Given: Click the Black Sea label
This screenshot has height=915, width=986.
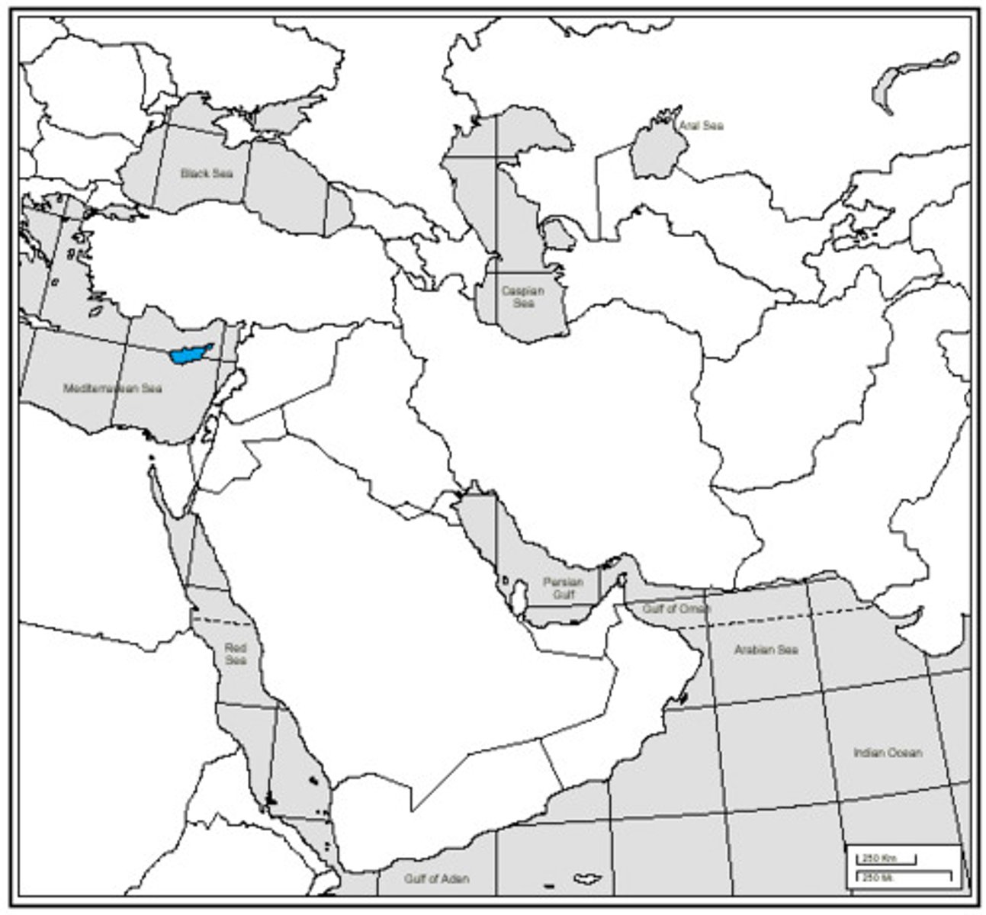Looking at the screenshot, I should coord(206,173).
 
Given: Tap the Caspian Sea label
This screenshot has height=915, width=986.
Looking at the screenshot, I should coord(522,297).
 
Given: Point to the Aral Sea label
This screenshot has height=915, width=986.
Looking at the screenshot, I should coord(701,126).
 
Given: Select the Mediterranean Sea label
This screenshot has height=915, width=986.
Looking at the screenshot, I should coord(112,388).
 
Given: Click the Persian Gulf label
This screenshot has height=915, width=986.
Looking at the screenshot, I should coord(563,587).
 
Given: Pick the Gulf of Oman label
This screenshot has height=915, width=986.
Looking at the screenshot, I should coord(676,608).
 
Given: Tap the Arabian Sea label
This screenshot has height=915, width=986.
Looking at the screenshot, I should coord(766,650).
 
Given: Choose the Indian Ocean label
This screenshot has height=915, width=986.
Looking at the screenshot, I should coord(887,753).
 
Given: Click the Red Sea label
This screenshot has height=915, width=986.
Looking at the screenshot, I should coord(236,653).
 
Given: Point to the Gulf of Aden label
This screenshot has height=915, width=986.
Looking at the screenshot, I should coord(436,878).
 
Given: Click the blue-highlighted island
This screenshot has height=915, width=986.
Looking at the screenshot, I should coord(188,354).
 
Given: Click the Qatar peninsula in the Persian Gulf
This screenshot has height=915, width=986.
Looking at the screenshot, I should coord(519,596).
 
